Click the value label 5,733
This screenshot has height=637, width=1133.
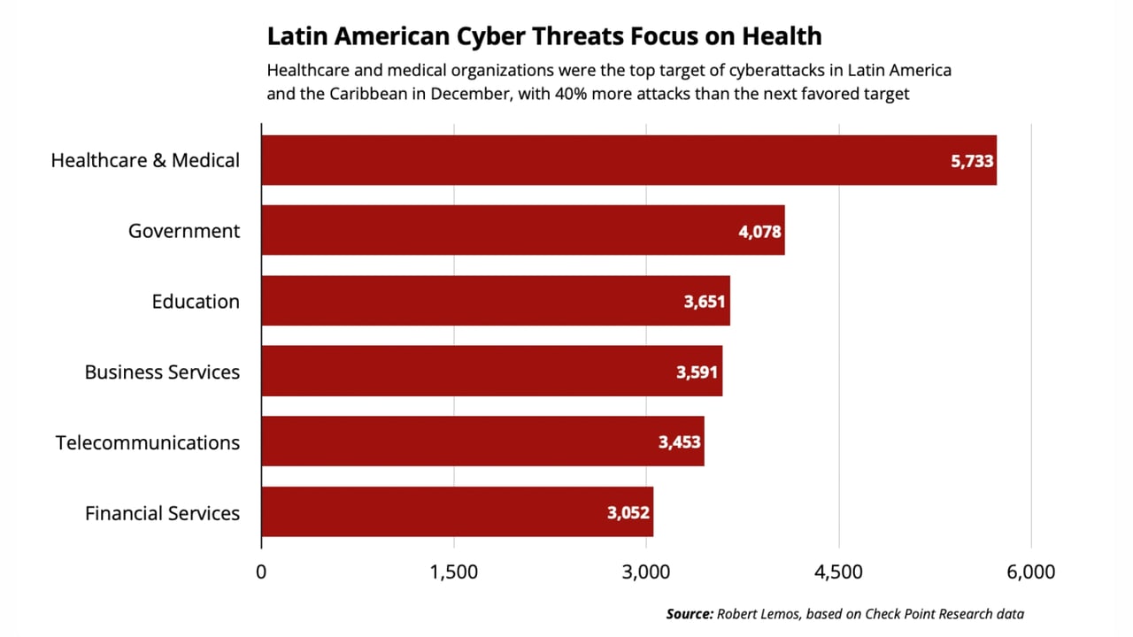point(972,161)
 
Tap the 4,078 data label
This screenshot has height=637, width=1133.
point(759,232)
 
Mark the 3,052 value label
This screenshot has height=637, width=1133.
point(628,513)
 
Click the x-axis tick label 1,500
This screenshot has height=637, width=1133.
point(453,572)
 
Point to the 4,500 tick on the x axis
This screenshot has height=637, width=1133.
point(838,572)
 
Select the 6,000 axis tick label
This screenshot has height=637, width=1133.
point(1030,572)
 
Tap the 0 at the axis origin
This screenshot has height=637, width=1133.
point(261,572)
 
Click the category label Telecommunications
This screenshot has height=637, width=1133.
point(148,442)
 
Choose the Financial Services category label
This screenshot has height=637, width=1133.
point(162,513)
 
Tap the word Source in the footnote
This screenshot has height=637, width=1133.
point(689,614)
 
